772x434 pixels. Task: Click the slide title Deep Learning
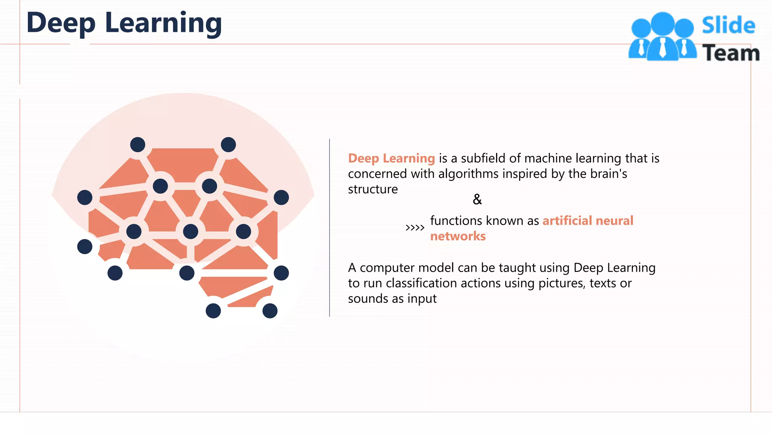pyautogui.click(x=124, y=23)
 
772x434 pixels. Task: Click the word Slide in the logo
pyautogui.click(x=728, y=26)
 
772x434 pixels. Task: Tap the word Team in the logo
pyautogui.click(x=731, y=53)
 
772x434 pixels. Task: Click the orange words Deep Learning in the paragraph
pyautogui.click(x=391, y=158)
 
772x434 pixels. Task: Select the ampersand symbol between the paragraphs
pyautogui.click(x=477, y=199)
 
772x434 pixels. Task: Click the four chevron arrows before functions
pyautogui.click(x=415, y=228)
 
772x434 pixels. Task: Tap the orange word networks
pyautogui.click(x=458, y=236)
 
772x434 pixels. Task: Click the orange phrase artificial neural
pyautogui.click(x=588, y=221)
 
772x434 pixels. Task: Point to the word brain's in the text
pyautogui.click(x=608, y=174)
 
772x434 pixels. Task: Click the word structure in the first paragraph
pyautogui.click(x=372, y=189)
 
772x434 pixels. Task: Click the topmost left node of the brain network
pyautogui.click(x=138, y=145)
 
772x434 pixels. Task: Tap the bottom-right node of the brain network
pyautogui.click(x=270, y=311)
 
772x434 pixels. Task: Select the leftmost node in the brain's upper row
pyautogui.click(x=85, y=197)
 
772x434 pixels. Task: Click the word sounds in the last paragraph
pyautogui.click(x=368, y=299)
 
